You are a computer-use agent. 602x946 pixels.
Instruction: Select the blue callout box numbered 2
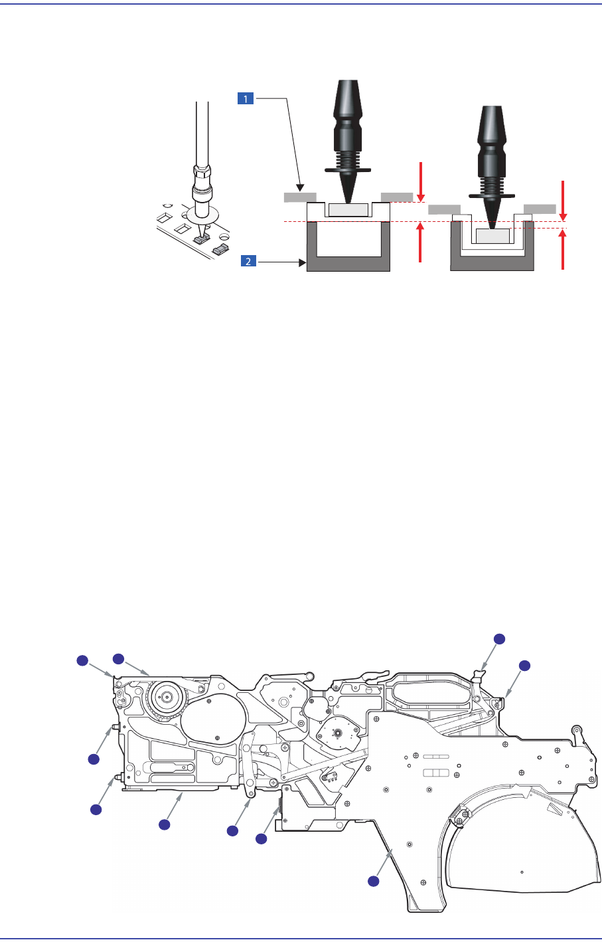(248, 262)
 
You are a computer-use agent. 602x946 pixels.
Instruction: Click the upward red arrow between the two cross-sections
(420, 243)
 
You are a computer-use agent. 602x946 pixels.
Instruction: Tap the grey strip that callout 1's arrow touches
(299, 197)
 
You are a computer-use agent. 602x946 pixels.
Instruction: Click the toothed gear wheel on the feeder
(165, 698)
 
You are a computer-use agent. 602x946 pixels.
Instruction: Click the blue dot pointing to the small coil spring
(261, 839)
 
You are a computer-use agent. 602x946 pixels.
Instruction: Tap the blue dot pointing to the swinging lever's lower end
(232, 830)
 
